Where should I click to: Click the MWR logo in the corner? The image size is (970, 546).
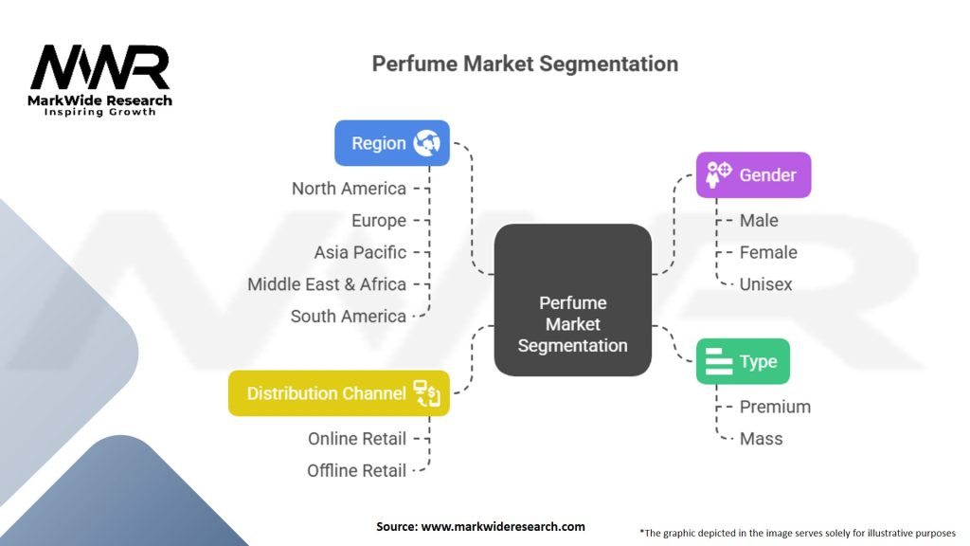[99, 80]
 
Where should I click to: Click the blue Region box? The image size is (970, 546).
[392, 143]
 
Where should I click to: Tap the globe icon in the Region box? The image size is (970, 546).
[427, 143]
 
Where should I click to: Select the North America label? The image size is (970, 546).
[349, 189]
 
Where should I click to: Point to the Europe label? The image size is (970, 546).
[379, 220]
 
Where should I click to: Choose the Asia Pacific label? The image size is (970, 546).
[360, 252]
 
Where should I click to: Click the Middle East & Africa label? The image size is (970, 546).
[327, 284]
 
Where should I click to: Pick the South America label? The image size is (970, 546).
[349, 317]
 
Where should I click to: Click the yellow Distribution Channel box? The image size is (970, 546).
[339, 393]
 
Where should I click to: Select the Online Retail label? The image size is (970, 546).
[357, 439]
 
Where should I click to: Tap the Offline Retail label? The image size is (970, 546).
[356, 470]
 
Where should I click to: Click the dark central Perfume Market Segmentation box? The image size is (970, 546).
[573, 300]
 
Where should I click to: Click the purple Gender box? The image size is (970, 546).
[753, 175]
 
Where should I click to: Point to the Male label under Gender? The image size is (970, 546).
[759, 220]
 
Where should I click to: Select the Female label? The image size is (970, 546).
[768, 252]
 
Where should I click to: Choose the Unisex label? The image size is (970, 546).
[765, 284]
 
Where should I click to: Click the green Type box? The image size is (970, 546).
[743, 361]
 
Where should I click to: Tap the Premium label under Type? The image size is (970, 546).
[775, 407]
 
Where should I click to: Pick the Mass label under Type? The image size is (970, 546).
[761, 439]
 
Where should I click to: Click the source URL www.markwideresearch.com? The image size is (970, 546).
[503, 527]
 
